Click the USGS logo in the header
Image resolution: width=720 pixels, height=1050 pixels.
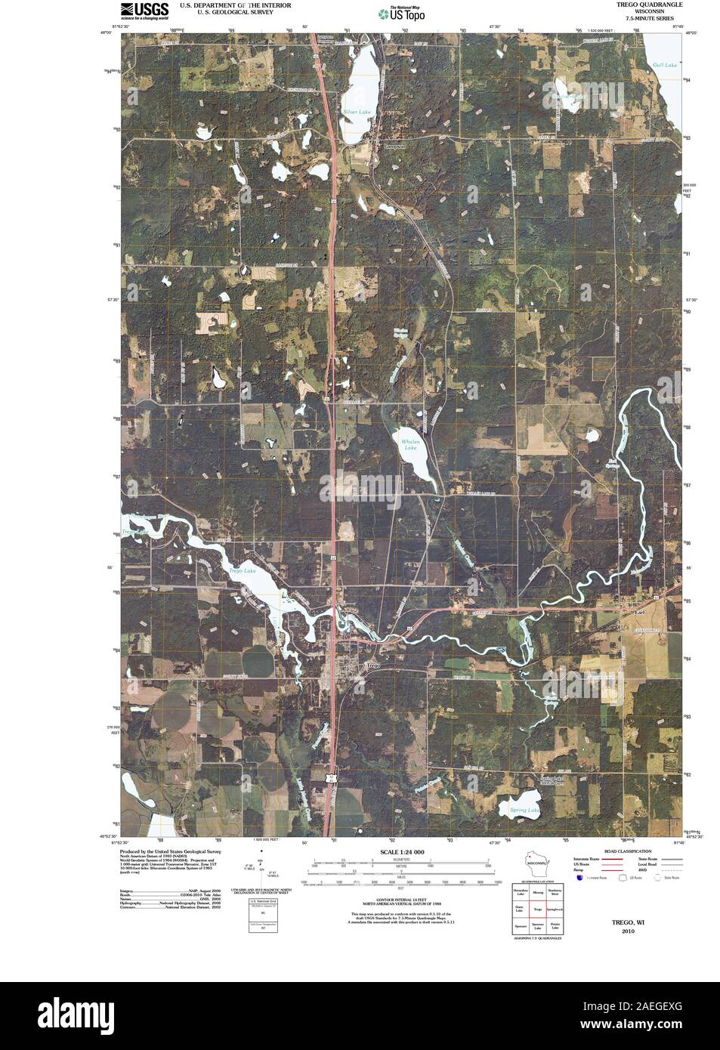click(144, 10)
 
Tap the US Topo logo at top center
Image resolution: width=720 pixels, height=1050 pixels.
click(402, 13)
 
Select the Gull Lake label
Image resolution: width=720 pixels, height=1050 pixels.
click(665, 66)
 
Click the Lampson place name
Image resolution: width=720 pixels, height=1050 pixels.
click(394, 146)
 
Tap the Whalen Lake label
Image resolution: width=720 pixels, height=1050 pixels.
click(410, 444)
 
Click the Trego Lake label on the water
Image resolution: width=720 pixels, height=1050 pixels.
click(243, 571)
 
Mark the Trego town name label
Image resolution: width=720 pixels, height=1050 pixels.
click(372, 666)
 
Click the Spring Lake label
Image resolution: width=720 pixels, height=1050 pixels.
click(524, 811)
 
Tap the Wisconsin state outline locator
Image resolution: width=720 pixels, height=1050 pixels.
click(537, 863)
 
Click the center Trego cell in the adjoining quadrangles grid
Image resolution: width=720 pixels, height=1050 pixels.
click(538, 910)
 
